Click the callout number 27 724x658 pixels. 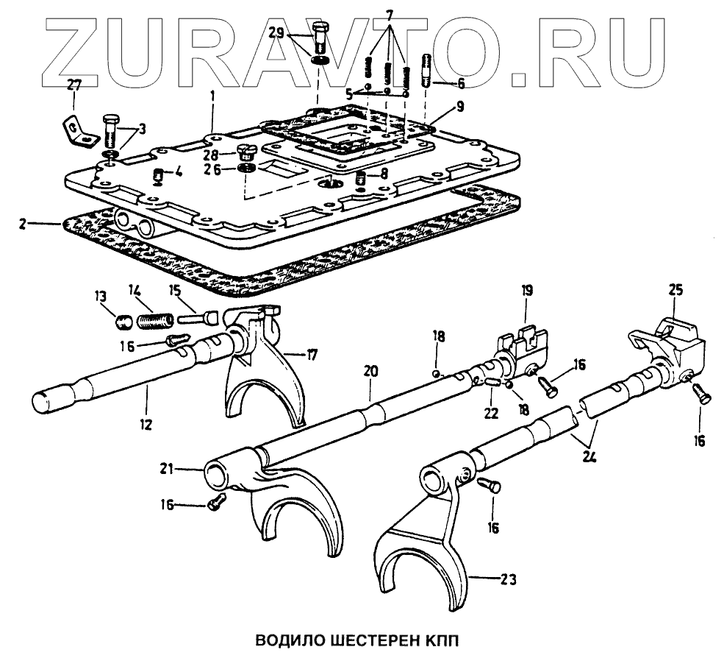tap(74, 85)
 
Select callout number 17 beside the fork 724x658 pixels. tap(313, 355)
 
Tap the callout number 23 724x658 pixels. tap(507, 579)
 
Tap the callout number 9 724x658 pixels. tap(459, 107)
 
